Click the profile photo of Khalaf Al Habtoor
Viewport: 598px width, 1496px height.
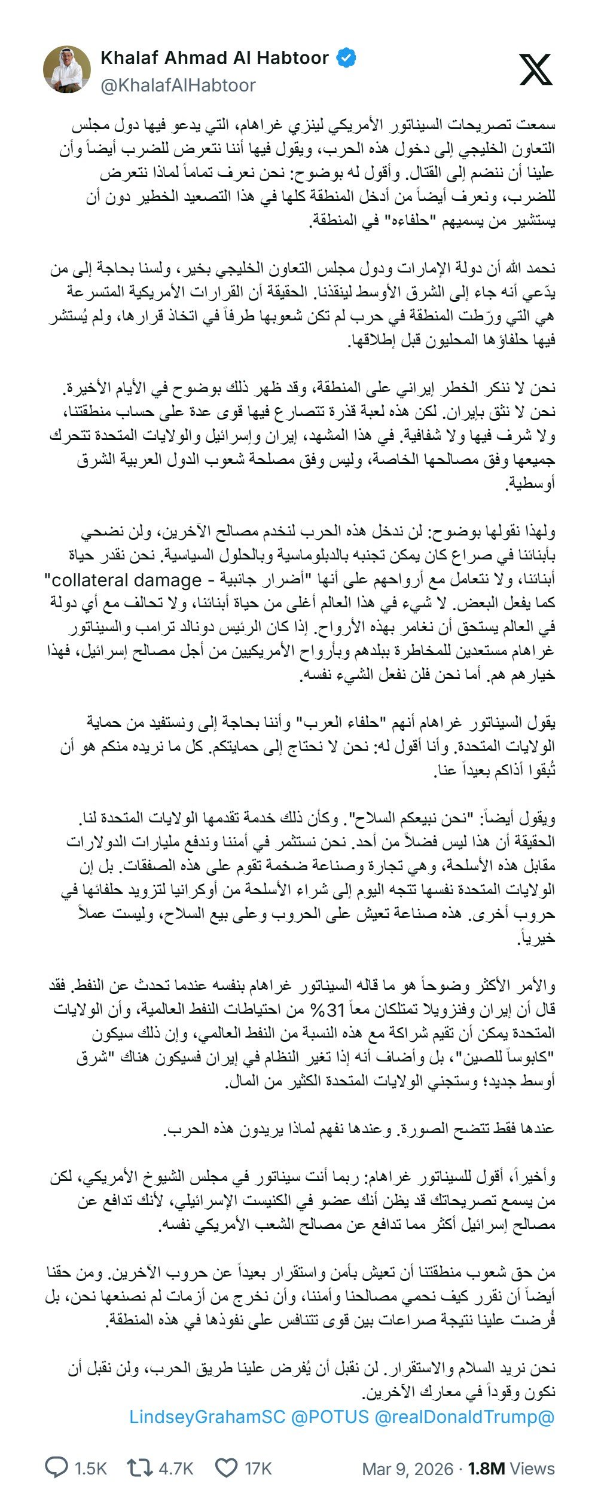point(67,70)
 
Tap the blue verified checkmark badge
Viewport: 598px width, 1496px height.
point(347,58)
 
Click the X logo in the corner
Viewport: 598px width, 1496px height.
point(535,69)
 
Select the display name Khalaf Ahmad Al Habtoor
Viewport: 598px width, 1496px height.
point(215,58)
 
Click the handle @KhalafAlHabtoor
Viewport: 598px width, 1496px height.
point(178,85)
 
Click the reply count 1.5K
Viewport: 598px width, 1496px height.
point(91,1468)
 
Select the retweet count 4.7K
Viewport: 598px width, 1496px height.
point(176,1468)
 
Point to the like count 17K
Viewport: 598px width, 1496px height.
point(258,1468)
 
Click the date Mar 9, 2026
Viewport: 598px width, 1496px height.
point(408,1469)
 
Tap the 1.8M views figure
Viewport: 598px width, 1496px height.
point(486,1469)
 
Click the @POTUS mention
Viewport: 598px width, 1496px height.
point(330,1417)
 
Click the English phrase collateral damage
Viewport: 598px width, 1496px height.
point(126,580)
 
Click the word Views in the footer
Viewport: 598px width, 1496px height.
point(532,1469)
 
